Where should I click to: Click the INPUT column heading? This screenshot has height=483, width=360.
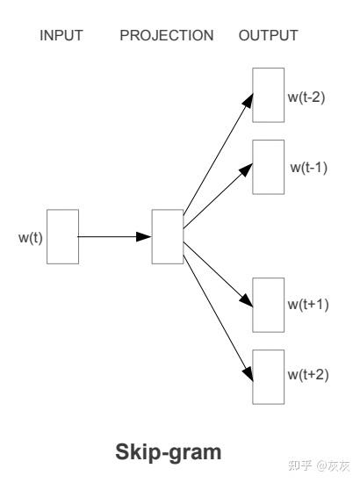coord(61,35)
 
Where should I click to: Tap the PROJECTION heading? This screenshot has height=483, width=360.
coord(167,35)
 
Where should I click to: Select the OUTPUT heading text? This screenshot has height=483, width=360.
coord(268,35)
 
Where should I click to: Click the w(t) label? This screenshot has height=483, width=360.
coord(31,237)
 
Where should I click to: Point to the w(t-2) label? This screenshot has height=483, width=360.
coord(306,97)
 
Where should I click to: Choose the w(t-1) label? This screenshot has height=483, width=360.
coord(308,167)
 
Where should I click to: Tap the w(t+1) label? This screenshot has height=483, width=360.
coord(308,305)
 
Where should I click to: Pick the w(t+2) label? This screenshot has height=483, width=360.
coord(308,374)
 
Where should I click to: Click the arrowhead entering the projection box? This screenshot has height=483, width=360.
coord(144,236)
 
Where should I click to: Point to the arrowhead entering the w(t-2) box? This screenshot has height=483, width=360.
coord(248,100)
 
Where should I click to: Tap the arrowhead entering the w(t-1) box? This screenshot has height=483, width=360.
coord(247,169)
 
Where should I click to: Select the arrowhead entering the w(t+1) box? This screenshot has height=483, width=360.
coord(247,300)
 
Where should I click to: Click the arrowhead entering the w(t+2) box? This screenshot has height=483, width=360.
coord(248,373)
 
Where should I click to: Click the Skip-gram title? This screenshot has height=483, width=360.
coord(169,452)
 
